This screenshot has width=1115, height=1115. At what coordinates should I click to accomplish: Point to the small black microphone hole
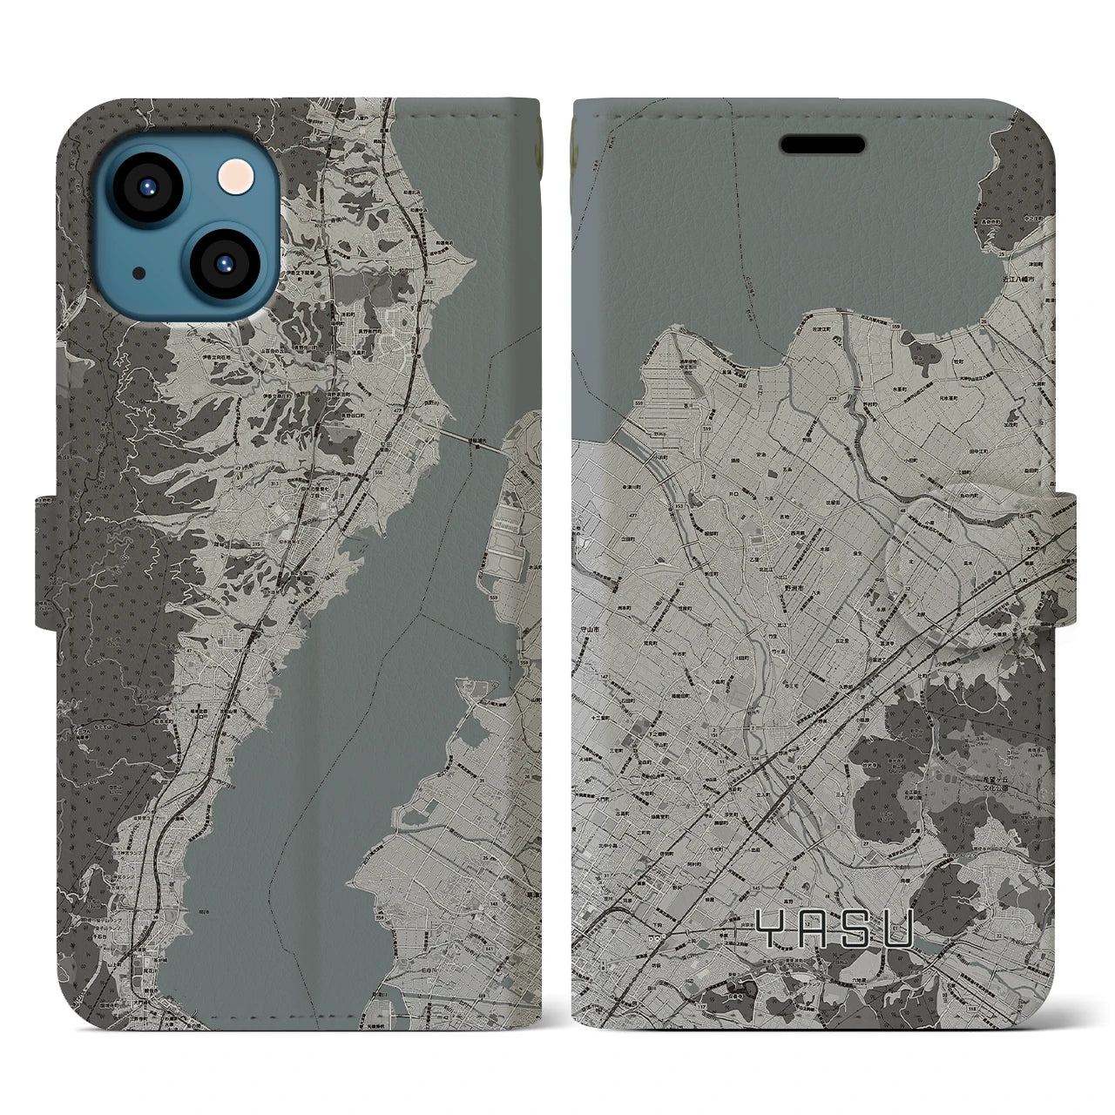(138, 273)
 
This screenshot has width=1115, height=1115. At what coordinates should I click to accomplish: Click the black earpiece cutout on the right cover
(822, 144)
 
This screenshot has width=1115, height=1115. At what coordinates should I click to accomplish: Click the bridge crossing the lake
(474, 440)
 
